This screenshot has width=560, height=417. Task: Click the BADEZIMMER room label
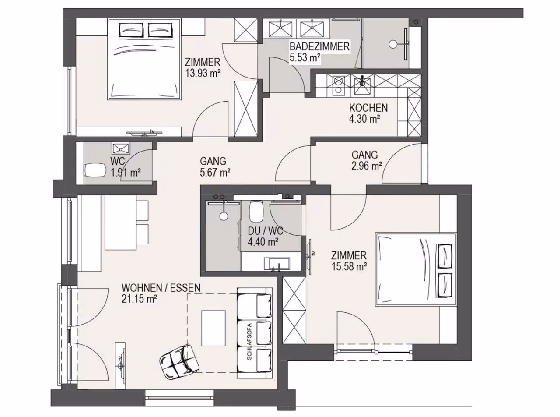click(319, 47)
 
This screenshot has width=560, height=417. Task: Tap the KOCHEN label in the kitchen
click(368, 108)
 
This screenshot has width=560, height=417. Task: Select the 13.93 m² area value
click(203, 73)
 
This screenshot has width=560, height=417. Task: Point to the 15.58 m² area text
click(349, 266)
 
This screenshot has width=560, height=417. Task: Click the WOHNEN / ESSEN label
click(161, 288)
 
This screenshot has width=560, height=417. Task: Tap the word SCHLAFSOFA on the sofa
click(249, 341)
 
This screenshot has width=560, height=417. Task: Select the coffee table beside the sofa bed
click(213, 328)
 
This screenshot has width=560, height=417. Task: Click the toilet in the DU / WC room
click(256, 211)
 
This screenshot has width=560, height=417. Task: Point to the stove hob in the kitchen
click(338, 85)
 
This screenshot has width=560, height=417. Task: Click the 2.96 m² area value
click(367, 166)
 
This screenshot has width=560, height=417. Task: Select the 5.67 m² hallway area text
click(215, 173)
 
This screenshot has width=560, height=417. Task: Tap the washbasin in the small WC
click(121, 148)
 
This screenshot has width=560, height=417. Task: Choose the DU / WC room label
click(266, 231)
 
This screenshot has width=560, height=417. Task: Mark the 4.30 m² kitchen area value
click(364, 119)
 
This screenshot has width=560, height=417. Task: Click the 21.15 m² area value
click(140, 299)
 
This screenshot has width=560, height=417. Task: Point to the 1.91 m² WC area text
click(126, 173)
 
